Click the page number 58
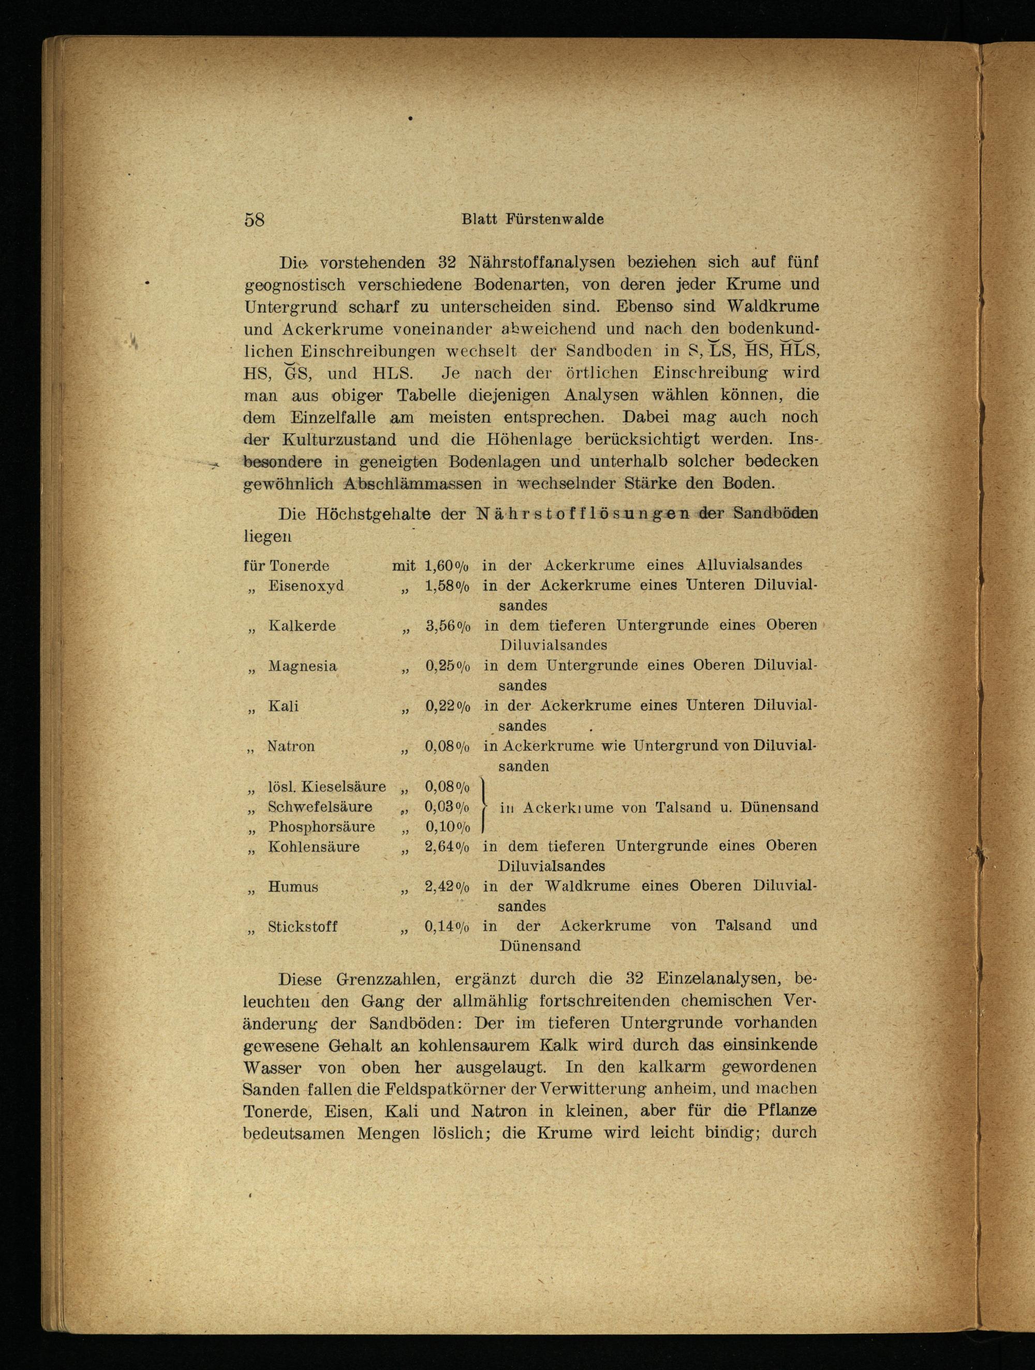click(255, 220)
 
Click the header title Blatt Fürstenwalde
click(533, 219)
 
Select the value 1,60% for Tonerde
click(447, 565)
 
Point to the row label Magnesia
click(302, 667)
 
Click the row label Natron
click(291, 746)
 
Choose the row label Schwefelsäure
click(320, 807)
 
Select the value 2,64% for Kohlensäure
click(447, 847)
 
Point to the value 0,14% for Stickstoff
click(447, 927)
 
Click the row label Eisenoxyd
click(306, 586)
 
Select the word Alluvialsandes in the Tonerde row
click(749, 565)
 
